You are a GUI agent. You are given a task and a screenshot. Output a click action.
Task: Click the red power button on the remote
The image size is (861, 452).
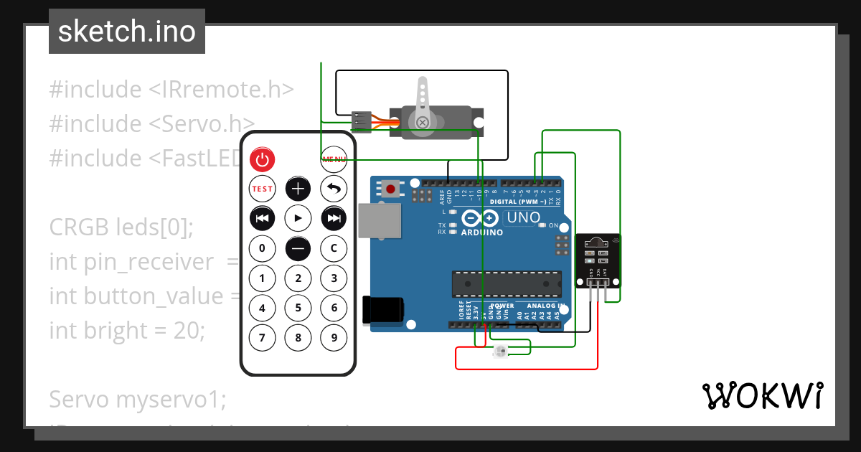pos(262,159)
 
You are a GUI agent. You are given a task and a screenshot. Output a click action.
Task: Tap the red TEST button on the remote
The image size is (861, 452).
pos(262,189)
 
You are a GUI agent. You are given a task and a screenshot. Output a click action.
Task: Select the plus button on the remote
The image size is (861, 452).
pos(298,189)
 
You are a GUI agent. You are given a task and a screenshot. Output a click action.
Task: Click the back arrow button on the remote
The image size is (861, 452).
pos(334,189)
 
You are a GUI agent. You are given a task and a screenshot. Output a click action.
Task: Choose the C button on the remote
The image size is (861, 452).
pos(334,249)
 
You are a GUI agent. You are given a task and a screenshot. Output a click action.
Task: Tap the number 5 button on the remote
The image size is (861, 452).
pos(298,309)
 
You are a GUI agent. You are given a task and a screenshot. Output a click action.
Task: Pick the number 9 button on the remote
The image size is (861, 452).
pos(334,336)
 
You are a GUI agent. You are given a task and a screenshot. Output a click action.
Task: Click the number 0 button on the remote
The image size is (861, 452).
pos(262,249)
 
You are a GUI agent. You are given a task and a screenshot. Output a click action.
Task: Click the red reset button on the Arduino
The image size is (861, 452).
pos(390,189)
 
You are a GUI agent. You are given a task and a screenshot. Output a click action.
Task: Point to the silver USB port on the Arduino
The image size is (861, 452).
pos(380,220)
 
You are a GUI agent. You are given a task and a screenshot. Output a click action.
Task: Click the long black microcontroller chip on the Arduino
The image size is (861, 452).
pos(507,284)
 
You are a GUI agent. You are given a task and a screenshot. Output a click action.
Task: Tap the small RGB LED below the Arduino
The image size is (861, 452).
pos(501,351)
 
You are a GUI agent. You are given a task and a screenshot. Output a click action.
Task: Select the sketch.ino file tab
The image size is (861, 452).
pos(127,32)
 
